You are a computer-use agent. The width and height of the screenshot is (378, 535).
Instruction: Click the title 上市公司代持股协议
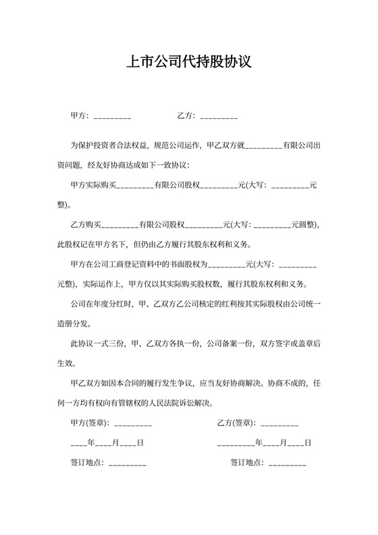pos(189,63)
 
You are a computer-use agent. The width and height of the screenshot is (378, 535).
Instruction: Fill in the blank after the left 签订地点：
pos(127,465)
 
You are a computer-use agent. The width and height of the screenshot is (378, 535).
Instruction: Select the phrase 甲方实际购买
pos(94,184)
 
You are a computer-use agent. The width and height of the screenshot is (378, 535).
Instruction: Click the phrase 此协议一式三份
pos(98,343)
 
